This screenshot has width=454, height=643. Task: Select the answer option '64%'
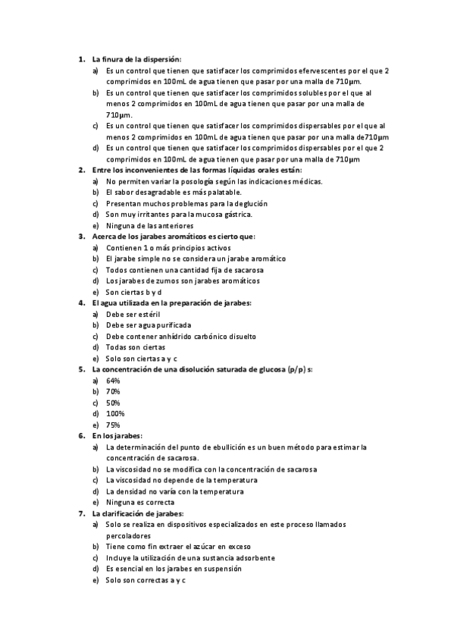click(x=114, y=380)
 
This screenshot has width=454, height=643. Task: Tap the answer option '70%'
click(x=114, y=391)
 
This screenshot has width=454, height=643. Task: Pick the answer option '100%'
click(x=115, y=413)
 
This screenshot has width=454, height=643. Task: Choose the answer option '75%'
click(x=114, y=425)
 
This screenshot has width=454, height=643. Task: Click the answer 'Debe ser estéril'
click(x=133, y=313)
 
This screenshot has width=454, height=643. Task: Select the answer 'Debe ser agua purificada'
click(x=149, y=325)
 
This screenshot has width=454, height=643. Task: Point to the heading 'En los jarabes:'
click(x=117, y=436)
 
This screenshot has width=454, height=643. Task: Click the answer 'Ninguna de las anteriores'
click(x=149, y=225)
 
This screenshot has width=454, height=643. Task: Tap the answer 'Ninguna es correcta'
click(x=140, y=502)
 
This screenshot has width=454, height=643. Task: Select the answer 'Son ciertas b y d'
click(x=134, y=292)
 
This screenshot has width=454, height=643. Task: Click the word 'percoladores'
click(x=129, y=535)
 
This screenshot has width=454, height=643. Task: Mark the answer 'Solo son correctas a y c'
click(x=146, y=579)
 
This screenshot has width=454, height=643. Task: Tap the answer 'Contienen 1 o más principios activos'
click(x=168, y=248)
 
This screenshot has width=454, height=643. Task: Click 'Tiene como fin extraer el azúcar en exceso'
click(x=179, y=546)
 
